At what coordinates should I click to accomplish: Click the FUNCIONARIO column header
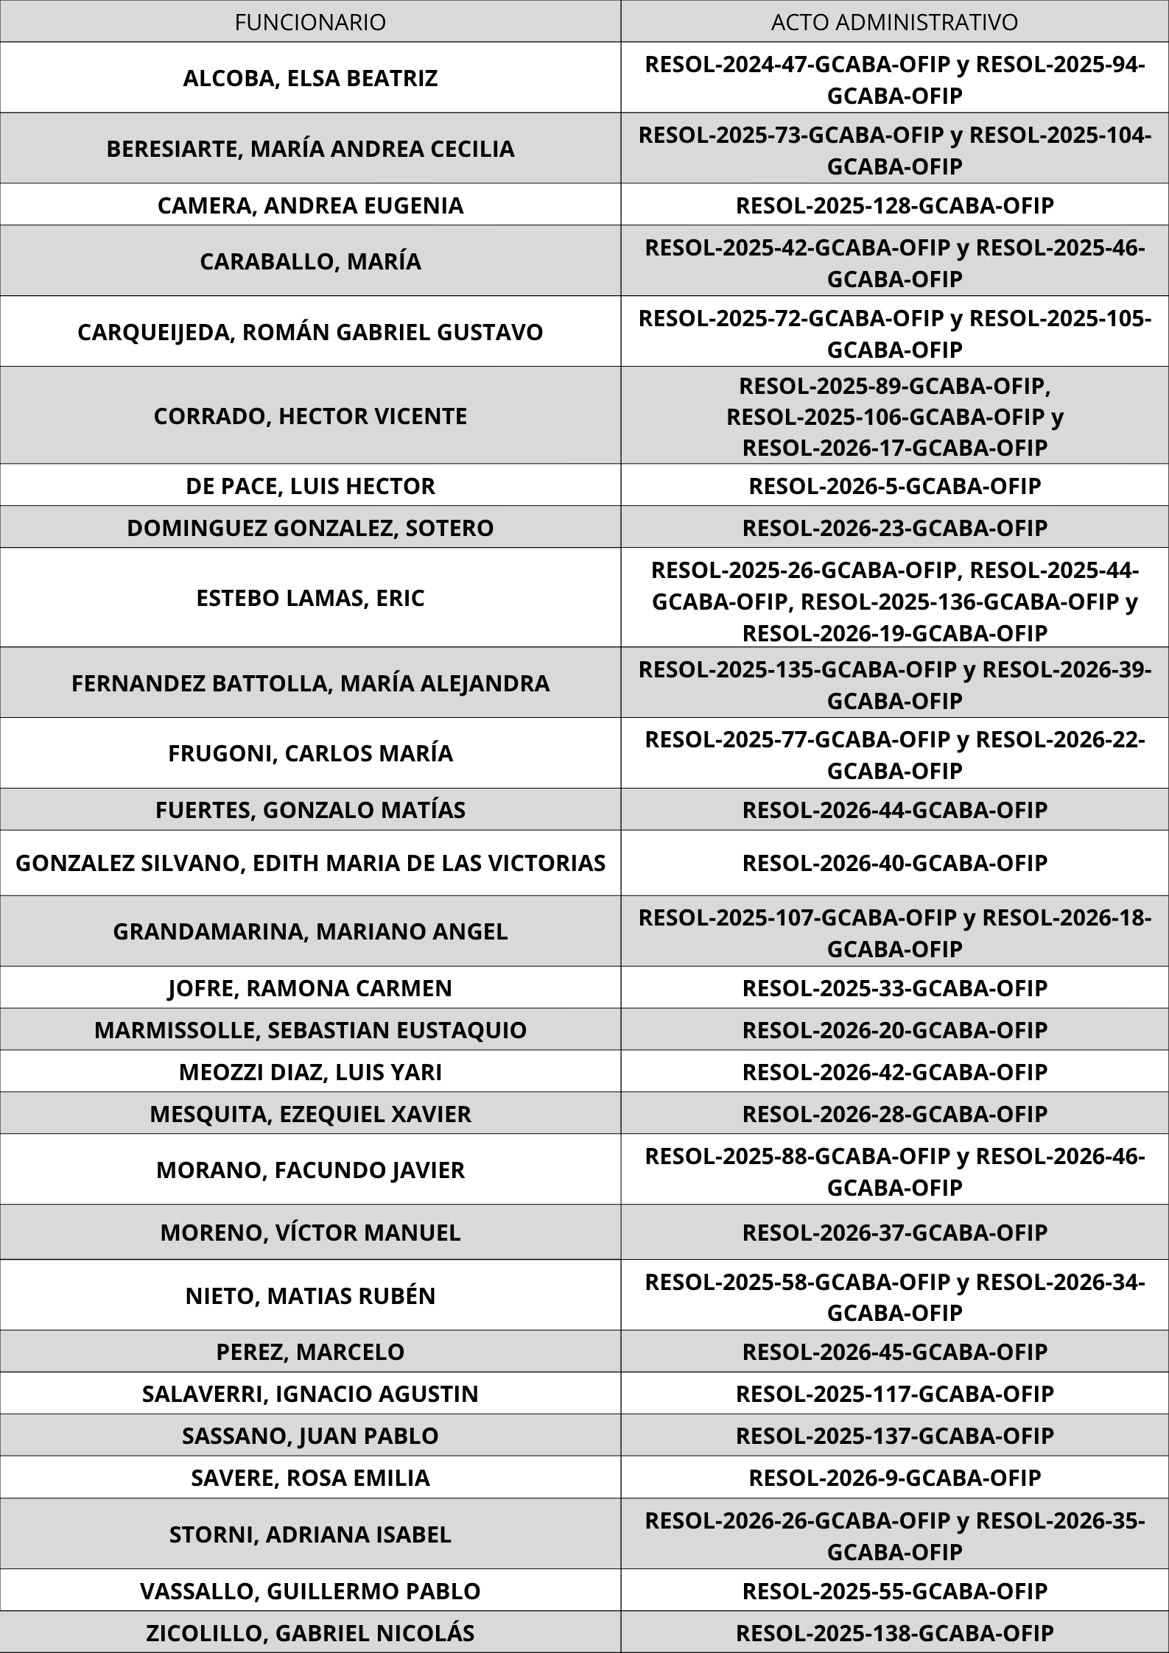310,22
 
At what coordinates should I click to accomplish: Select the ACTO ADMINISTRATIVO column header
894,22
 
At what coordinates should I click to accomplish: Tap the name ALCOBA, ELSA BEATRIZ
310,78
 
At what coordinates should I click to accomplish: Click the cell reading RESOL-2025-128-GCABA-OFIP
894,205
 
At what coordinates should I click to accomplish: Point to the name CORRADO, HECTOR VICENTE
310,416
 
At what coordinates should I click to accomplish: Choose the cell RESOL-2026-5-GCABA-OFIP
894,486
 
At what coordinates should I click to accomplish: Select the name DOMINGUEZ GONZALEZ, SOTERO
310,528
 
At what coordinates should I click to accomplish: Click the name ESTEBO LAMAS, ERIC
310,598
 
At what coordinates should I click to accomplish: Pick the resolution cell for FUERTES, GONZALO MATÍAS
894,810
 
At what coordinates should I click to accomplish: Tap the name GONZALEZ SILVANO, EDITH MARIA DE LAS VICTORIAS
310,862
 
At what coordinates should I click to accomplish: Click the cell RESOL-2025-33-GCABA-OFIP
894,987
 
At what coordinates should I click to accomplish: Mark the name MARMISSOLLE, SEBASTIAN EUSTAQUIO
310,1029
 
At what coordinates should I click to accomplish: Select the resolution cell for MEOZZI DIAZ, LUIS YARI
894,1071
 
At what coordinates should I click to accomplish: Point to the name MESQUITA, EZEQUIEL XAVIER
310,1113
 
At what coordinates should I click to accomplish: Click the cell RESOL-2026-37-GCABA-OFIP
894,1232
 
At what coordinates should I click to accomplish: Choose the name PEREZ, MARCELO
310,1352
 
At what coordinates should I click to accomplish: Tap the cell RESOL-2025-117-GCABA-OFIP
894,1394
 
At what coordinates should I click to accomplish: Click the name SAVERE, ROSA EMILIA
310,1478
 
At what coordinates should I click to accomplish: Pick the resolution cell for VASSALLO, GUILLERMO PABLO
894,1590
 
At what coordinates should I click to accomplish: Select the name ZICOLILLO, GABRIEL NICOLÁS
310,1632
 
